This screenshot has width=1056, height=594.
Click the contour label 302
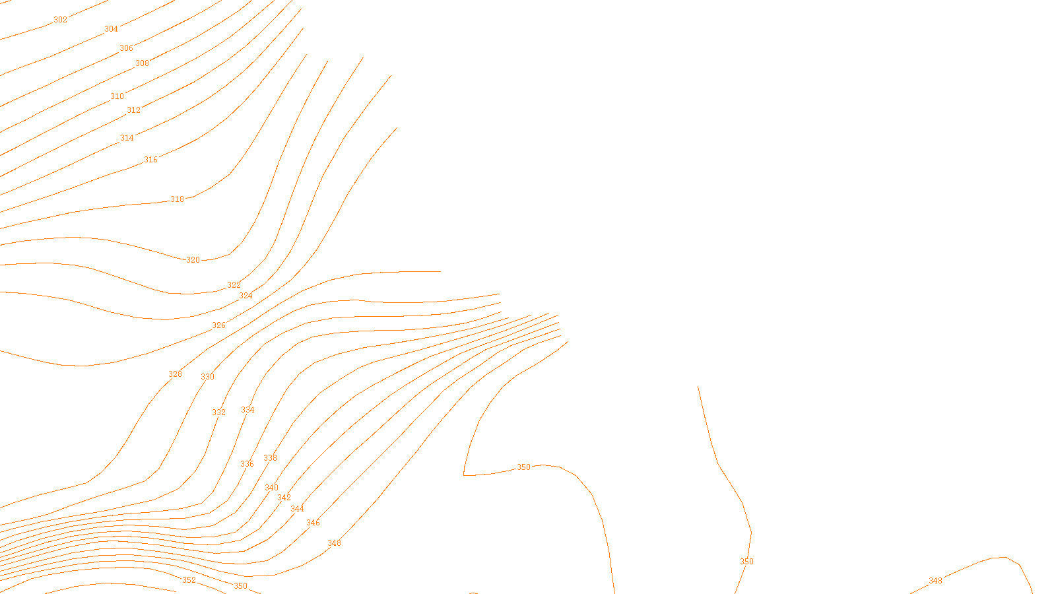coord(60,20)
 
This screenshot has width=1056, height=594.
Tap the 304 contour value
coord(111,29)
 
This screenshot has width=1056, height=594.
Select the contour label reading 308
coord(142,63)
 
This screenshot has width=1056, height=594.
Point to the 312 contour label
coord(133,110)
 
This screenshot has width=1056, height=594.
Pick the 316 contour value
coord(150,160)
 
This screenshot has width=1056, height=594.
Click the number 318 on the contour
coord(177,199)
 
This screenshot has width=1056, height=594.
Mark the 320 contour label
coord(193,260)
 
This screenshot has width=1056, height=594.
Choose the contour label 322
coord(234,285)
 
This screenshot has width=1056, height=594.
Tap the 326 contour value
coord(218,325)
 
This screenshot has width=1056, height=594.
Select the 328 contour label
coord(175,374)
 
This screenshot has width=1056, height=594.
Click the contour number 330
coord(207,377)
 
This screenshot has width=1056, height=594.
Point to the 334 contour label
coord(247,410)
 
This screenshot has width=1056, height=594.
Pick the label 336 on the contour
coord(247,464)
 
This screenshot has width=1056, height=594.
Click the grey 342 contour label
coord(284,498)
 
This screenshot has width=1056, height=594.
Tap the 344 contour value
coord(297,509)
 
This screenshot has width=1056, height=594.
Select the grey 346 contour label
coord(313,523)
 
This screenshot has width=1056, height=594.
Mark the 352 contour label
coord(189,580)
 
